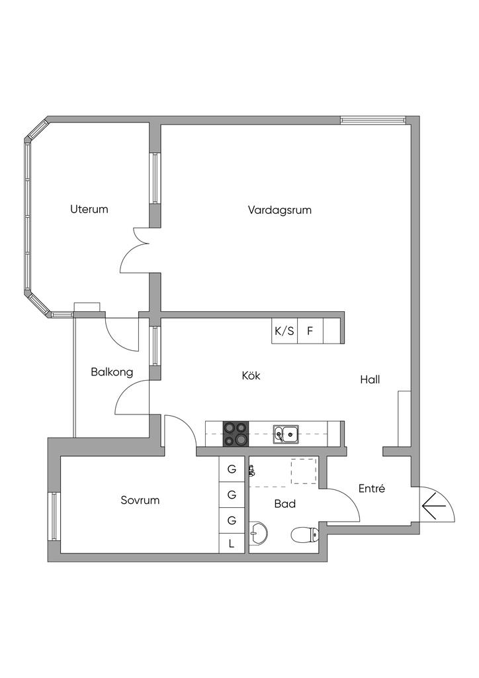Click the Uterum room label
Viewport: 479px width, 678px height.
tap(89, 209)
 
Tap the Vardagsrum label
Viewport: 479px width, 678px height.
tap(279, 210)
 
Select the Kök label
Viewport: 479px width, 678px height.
tap(251, 375)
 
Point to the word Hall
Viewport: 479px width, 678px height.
tap(370, 379)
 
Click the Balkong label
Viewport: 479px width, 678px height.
tap(112, 372)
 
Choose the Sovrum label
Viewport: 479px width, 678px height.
tap(140, 501)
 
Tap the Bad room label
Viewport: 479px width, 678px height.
tap(285, 504)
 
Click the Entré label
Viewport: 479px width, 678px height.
tap(372, 488)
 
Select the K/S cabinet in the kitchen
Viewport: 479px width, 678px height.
tap(284, 331)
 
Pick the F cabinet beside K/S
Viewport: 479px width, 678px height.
tap(310, 331)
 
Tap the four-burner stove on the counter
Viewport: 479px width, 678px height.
tap(236, 434)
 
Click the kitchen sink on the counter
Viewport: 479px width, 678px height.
tap(286, 434)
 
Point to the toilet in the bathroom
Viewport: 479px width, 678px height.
tap(305, 535)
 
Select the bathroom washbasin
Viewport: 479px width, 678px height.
tap(258, 532)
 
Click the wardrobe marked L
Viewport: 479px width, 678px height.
tap(232, 543)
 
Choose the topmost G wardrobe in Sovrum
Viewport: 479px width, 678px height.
tap(232, 469)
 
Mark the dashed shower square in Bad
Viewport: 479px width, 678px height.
tap(304, 471)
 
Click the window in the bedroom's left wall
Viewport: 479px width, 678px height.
tap(54, 516)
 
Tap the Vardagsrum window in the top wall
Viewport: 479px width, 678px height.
tap(372, 121)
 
